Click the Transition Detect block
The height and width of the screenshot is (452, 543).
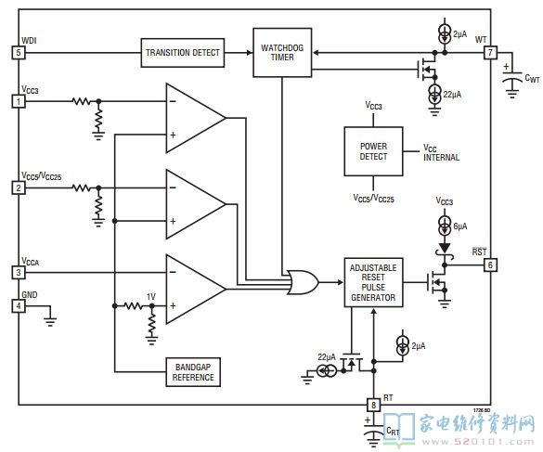pyautogui.click(x=183, y=53)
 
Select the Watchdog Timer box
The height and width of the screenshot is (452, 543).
pyautogui.click(x=282, y=53)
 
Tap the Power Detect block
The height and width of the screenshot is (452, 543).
pyautogui.click(x=373, y=151)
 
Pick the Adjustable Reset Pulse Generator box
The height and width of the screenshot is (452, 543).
pyautogui.click(x=373, y=282)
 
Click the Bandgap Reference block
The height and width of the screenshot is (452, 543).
pyautogui.click(x=193, y=372)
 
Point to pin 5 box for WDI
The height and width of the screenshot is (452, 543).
pyautogui.click(x=19, y=53)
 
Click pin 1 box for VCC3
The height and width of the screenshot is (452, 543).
pyautogui.click(x=19, y=101)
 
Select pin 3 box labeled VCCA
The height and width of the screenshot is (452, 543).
pyautogui.click(x=19, y=273)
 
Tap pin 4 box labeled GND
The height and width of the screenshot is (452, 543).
pyautogui.click(x=19, y=306)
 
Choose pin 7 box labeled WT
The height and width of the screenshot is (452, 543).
pyautogui.click(x=490, y=53)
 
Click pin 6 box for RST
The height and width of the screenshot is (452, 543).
pyautogui.click(x=490, y=265)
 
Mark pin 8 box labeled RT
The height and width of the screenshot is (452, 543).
pyautogui.click(x=373, y=405)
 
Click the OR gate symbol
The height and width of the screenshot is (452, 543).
pyautogui.click(x=303, y=282)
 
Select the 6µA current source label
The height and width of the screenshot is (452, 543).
pyautogui.click(x=460, y=226)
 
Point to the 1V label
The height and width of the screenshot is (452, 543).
pyautogui.click(x=151, y=296)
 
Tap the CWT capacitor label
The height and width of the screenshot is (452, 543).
pyautogui.click(x=532, y=78)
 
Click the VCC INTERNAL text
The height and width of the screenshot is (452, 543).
pyautogui.click(x=441, y=153)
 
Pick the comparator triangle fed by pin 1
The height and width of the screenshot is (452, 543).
pyautogui.click(x=196, y=118)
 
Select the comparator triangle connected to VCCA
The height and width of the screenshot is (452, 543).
pyautogui.click(x=196, y=290)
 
